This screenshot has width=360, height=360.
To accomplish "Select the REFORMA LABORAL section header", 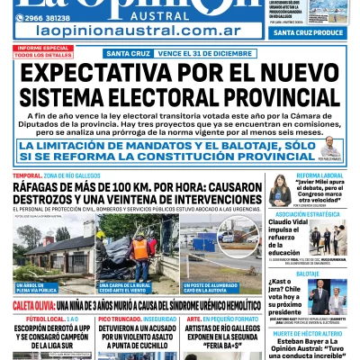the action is (x=321, y=175).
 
